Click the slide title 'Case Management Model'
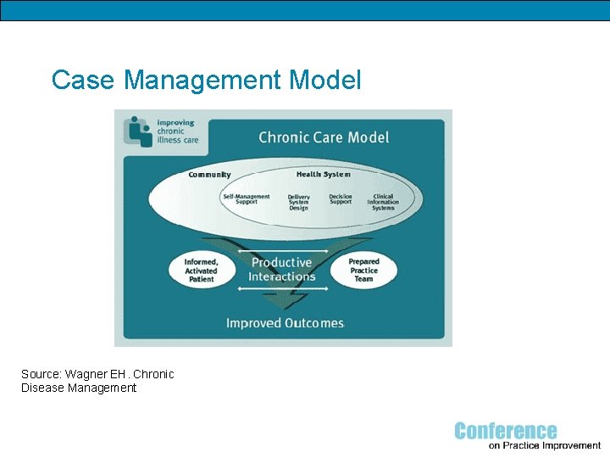click(206, 81)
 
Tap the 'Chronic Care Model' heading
click(324, 137)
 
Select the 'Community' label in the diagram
click(209, 175)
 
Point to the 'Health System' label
click(324, 175)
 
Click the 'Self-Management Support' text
click(246, 199)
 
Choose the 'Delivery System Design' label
click(298, 202)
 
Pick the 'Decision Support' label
click(341, 199)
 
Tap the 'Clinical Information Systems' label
click(382, 202)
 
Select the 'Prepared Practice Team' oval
click(363, 270)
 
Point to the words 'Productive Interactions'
click(282, 270)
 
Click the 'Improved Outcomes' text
click(285, 322)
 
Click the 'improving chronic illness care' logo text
click(177, 131)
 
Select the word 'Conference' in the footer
click(506, 431)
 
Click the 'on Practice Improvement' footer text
click(545, 445)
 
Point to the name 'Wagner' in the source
click(87, 374)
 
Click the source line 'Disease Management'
click(79, 388)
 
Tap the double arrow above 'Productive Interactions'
click(281, 251)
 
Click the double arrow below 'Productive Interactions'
click(281, 289)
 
